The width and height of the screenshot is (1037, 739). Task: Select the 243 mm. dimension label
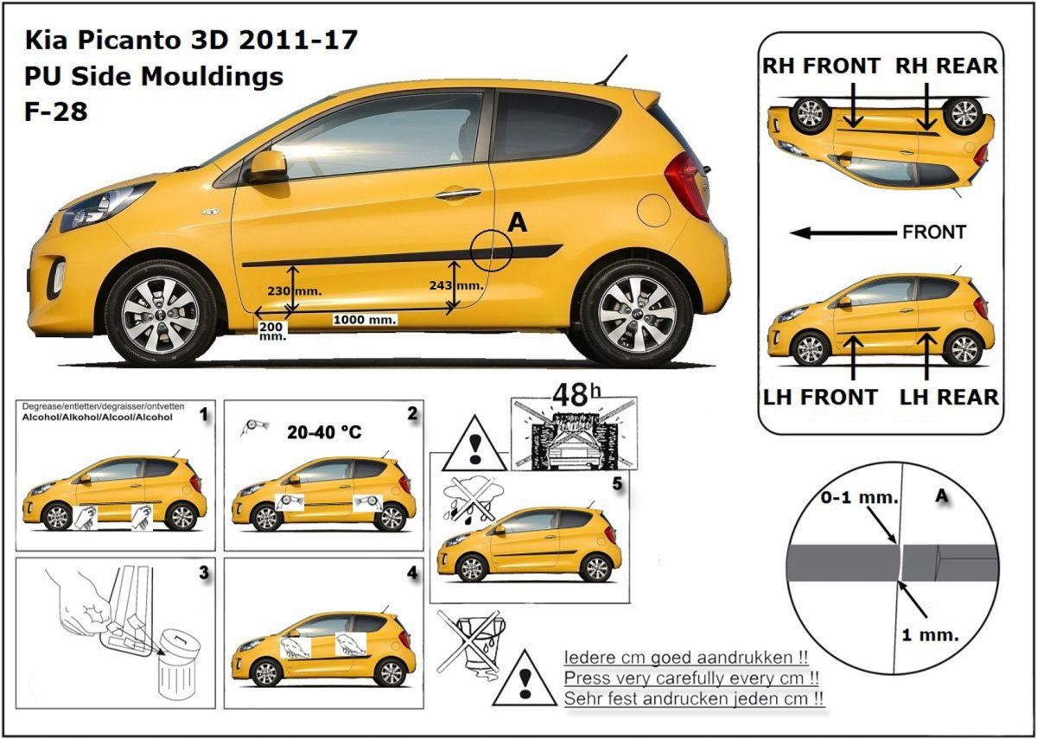tap(455, 285)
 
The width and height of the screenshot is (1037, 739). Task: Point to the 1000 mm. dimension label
tap(365, 320)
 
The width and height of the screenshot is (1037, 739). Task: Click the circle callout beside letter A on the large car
tap(492, 251)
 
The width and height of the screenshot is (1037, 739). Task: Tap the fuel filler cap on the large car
tap(653, 210)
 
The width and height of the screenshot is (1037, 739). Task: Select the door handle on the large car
tap(458, 193)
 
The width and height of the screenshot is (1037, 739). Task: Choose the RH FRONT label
tap(821, 66)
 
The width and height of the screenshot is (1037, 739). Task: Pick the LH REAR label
tap(948, 397)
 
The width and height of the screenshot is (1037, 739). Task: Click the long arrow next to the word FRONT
tap(843, 233)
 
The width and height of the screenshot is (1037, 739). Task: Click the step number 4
tap(412, 572)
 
